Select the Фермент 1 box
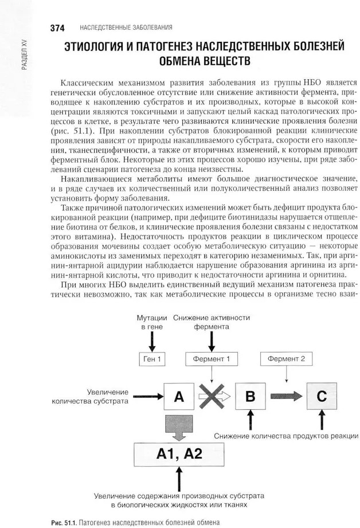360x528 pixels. [212, 359]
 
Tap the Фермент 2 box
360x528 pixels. [286, 359]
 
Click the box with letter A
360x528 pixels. [178, 396]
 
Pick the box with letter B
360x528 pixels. [249, 396]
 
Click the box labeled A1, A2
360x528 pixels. [179, 455]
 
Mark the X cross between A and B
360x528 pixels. [211, 396]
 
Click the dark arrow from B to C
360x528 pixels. [284, 396]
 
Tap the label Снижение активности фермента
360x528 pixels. [211, 322]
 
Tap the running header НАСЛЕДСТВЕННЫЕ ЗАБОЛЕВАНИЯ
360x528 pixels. [126, 28]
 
